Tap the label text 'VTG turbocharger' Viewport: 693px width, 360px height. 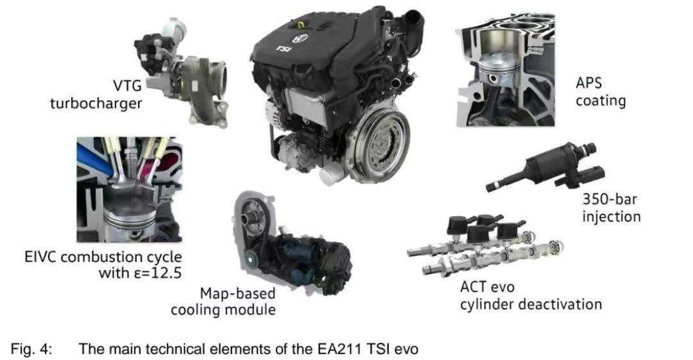(x=96, y=94)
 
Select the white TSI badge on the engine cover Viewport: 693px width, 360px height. (x=284, y=48)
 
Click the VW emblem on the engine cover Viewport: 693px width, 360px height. (x=303, y=38)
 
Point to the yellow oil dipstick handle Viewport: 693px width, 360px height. (x=301, y=23)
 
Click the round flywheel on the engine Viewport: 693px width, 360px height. (x=379, y=142)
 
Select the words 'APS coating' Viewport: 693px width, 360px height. (x=600, y=92)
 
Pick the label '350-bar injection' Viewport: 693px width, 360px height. (x=611, y=208)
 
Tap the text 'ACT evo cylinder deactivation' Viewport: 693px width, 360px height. (x=531, y=296)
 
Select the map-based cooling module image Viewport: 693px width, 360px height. (x=292, y=243)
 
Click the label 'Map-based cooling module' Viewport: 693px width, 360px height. (x=223, y=301)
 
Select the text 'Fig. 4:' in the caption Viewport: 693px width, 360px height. (x=31, y=349)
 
